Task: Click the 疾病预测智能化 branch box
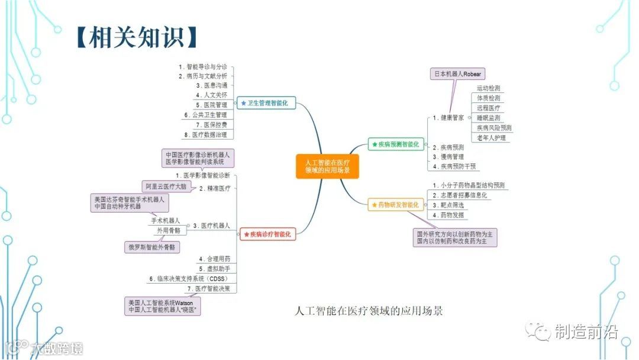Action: (394, 144)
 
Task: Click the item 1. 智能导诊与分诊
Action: (202, 67)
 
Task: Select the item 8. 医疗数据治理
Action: (205, 134)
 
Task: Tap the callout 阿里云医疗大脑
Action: (166, 186)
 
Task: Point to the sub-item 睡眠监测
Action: (488, 118)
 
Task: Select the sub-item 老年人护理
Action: (491, 137)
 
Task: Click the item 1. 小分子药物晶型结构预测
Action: (469, 185)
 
